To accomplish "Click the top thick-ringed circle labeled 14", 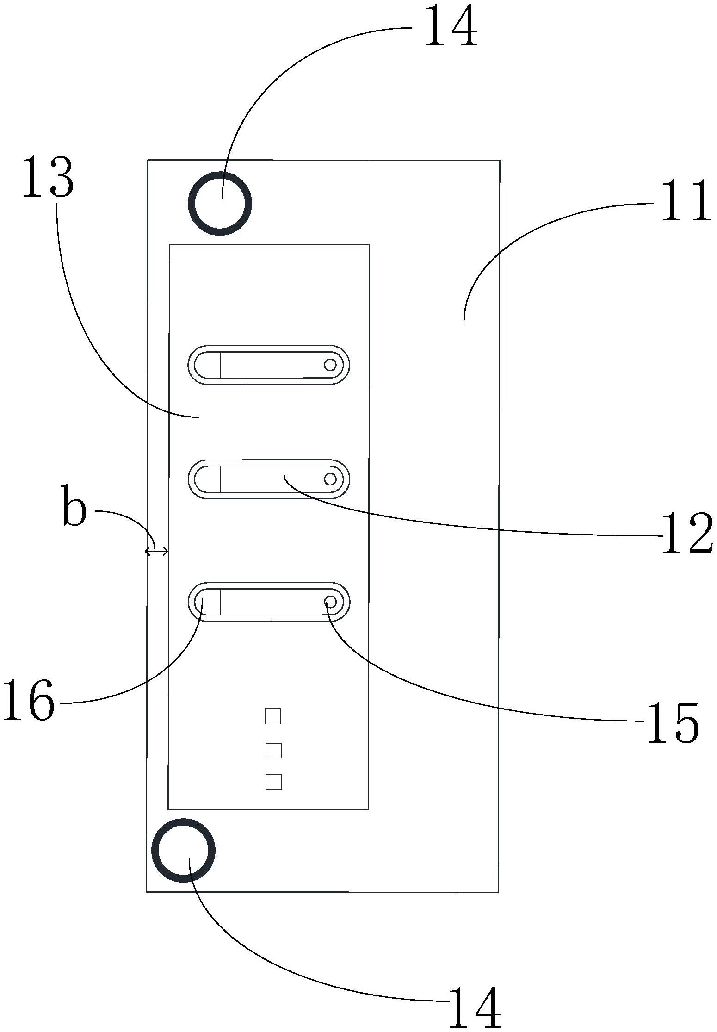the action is tap(220, 203).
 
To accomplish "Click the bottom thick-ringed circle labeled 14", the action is tap(183, 850).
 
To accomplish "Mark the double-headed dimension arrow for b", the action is tap(157, 551).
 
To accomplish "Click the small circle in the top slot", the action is tap(330, 365).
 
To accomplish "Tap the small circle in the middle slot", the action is tap(330, 479).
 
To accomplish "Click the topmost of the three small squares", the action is tap(272, 716).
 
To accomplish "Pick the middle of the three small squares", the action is tap(273, 750).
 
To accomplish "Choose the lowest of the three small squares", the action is tap(274, 782).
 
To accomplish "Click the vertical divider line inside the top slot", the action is tap(221, 365).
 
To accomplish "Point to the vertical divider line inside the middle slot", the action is tap(221, 479).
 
